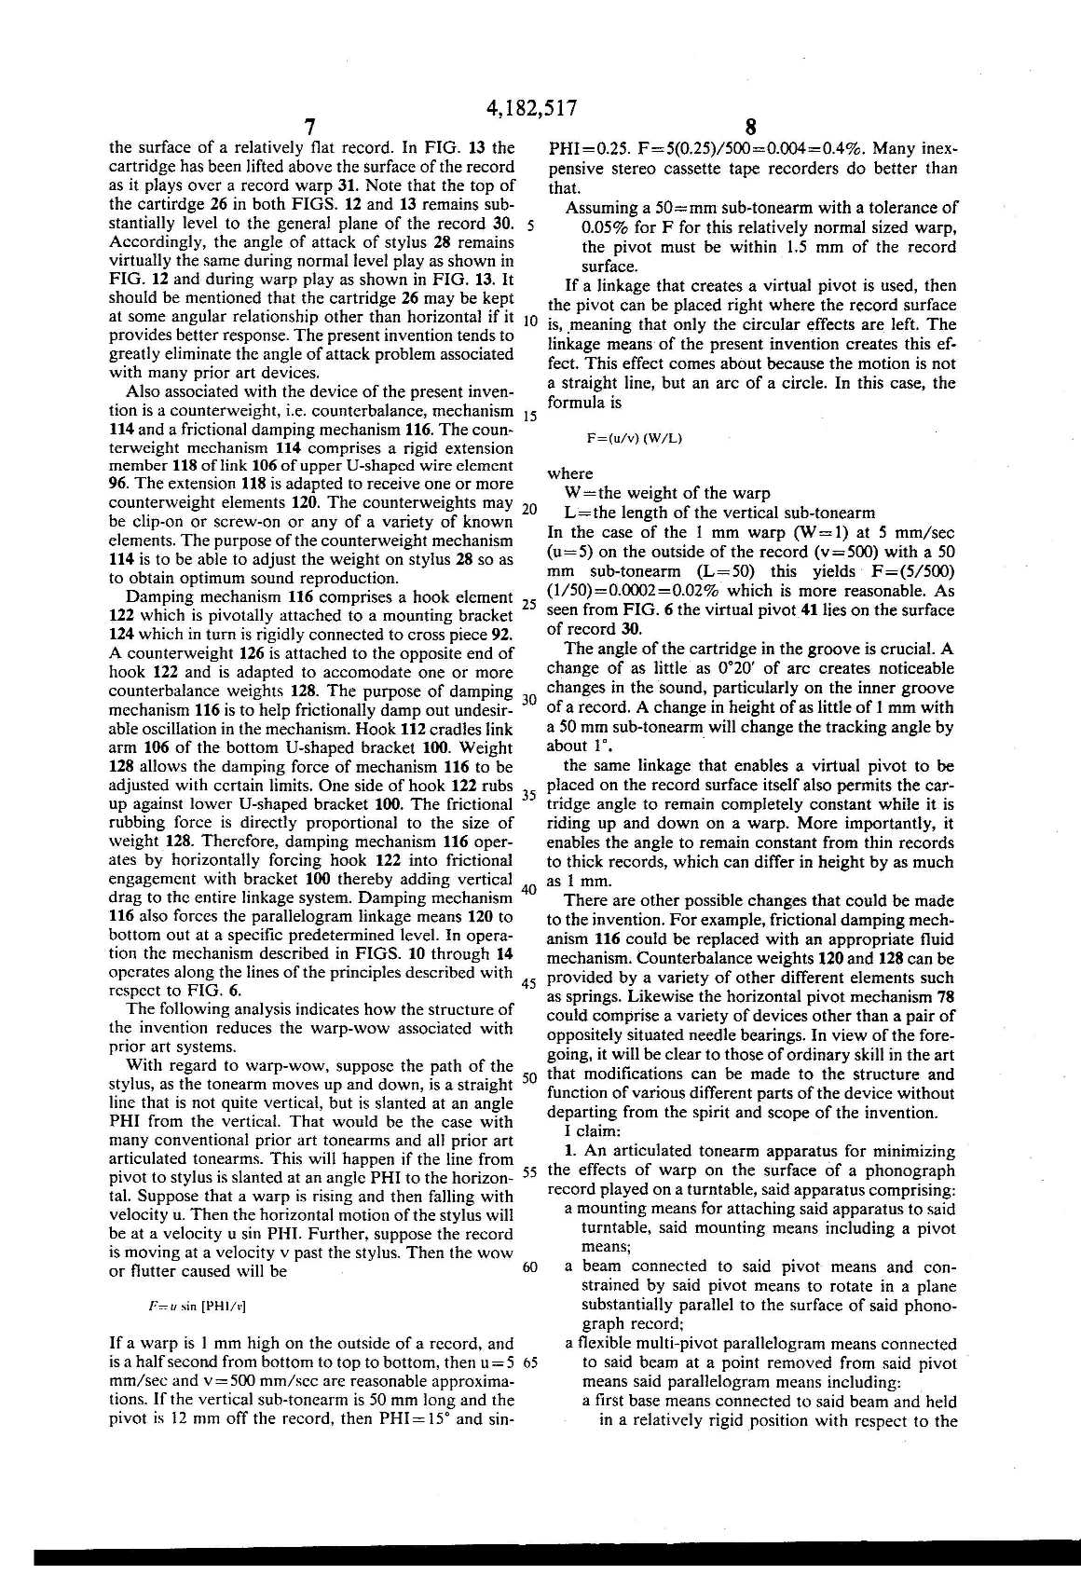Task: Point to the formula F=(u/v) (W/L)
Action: coord(634,438)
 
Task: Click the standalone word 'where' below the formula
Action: coord(570,473)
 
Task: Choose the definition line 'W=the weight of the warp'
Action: coord(666,493)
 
